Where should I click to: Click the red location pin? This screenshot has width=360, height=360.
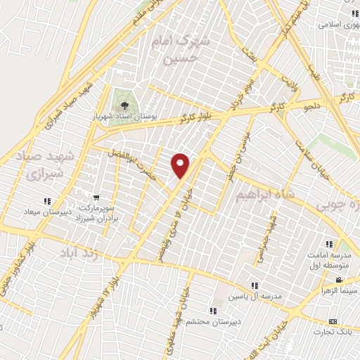pos(181,165)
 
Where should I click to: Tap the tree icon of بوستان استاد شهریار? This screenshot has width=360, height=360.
pos(124,98)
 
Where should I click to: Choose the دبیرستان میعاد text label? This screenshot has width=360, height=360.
pos(27,211)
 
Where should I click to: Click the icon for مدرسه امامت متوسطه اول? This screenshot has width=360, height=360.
pos(328,244)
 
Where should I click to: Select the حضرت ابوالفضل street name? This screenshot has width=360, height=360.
pos(131,155)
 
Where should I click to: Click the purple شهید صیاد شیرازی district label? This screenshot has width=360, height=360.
pos(39,162)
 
